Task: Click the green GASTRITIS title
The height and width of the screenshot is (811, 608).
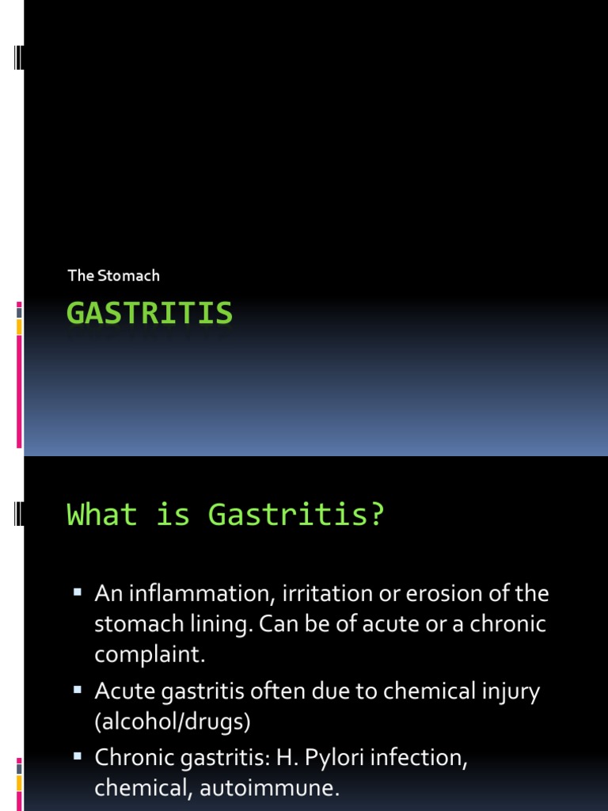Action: pos(150,314)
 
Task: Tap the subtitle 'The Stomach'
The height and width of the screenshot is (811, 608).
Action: pos(113,276)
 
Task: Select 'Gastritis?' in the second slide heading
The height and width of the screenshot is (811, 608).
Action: pos(296,515)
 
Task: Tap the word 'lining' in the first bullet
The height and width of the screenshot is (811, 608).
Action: pos(209,623)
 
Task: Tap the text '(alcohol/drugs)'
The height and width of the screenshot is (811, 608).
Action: pos(172,722)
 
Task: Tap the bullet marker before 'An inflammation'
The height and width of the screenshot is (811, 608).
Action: pos(78,591)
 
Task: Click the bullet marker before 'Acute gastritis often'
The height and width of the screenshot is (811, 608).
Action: pos(78,689)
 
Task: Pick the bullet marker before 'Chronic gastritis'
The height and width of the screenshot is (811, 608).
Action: pos(78,756)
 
